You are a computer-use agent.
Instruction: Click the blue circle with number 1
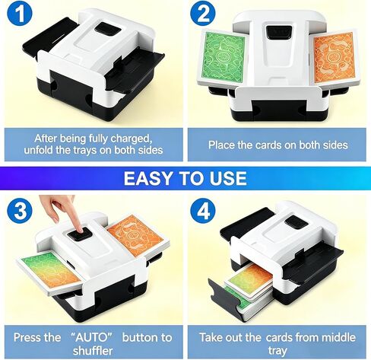[x=20, y=13]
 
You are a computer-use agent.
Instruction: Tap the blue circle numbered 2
[x=203, y=13]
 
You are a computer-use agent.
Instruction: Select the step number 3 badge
[x=20, y=212]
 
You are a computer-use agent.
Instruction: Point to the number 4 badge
[x=203, y=212]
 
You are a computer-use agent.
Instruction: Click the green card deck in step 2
[x=223, y=59]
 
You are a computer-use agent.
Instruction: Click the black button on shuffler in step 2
[x=278, y=32]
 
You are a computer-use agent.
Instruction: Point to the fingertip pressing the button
[x=81, y=229]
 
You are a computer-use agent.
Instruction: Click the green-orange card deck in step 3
[x=52, y=269]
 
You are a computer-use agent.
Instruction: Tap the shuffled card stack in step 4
[x=249, y=291]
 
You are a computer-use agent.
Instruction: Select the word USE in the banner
[x=228, y=178]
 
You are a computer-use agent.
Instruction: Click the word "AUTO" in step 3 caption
[x=91, y=338]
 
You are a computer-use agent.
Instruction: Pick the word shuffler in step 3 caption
[x=93, y=351]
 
